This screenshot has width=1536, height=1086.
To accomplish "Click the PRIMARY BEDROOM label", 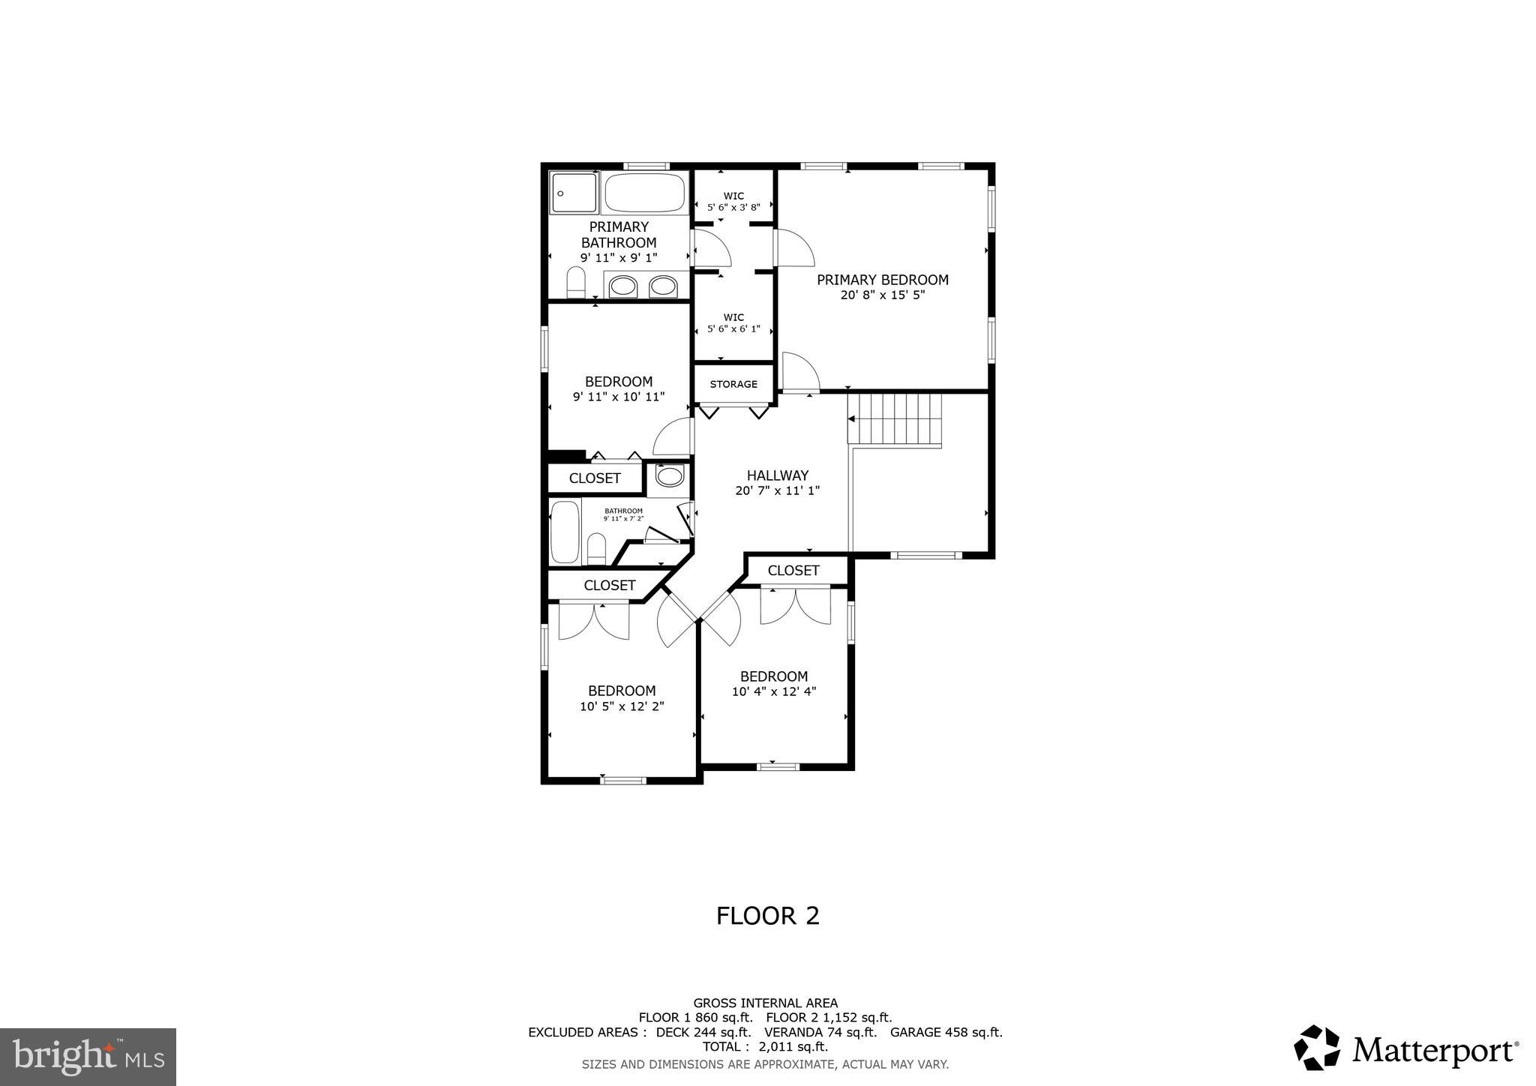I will (x=882, y=280).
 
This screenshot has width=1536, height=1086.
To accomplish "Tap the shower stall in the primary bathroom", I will (x=574, y=193).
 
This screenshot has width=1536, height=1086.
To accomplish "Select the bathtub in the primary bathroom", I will (x=645, y=193).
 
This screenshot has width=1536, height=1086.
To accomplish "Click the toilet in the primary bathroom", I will (x=576, y=283).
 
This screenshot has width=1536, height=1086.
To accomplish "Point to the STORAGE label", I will (x=733, y=384).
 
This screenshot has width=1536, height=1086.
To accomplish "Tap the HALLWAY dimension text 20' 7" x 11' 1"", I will (x=777, y=491).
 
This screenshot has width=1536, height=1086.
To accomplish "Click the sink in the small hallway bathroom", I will (x=669, y=475).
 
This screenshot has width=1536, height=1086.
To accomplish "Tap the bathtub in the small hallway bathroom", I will (x=565, y=532).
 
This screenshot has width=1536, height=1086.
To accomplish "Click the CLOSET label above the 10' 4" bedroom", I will (x=793, y=571).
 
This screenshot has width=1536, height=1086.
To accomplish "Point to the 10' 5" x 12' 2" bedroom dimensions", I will (x=622, y=706).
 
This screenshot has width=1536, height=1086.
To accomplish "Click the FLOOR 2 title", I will (x=767, y=916).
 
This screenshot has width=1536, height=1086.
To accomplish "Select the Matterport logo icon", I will (x=1317, y=1047).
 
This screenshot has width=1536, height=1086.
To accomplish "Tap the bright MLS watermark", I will (x=88, y=1057).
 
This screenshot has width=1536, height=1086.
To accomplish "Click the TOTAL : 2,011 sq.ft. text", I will (x=765, y=1047).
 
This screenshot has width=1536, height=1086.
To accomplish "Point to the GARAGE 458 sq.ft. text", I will (x=946, y=1032).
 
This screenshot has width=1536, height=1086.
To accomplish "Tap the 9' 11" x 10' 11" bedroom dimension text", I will (x=619, y=397).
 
